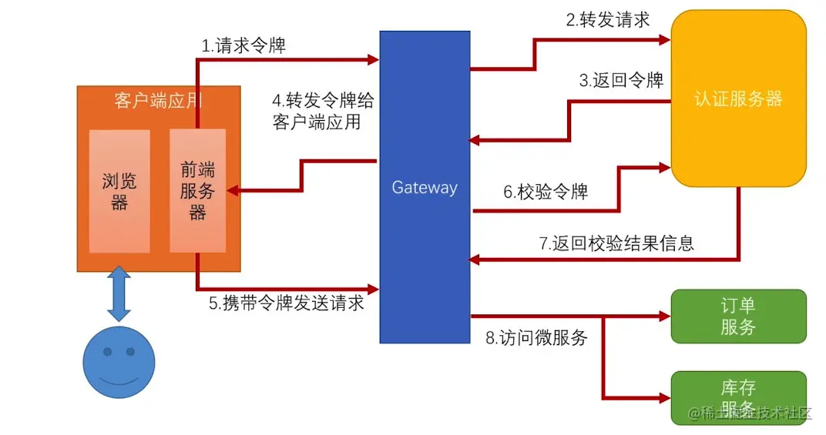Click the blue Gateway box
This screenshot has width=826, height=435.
425,187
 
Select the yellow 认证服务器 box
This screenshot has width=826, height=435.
738,99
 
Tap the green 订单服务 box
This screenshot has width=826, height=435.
738,316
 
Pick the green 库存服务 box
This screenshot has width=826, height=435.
738,397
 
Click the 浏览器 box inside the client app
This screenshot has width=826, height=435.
119,191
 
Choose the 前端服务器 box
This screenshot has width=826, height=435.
197,191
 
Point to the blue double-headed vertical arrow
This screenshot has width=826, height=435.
119,293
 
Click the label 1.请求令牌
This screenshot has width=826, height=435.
243,46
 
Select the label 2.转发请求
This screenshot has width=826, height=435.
608,20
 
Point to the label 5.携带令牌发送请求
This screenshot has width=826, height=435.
287,303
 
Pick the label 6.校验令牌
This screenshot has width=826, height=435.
546,192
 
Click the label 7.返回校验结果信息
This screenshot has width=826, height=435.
616,243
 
